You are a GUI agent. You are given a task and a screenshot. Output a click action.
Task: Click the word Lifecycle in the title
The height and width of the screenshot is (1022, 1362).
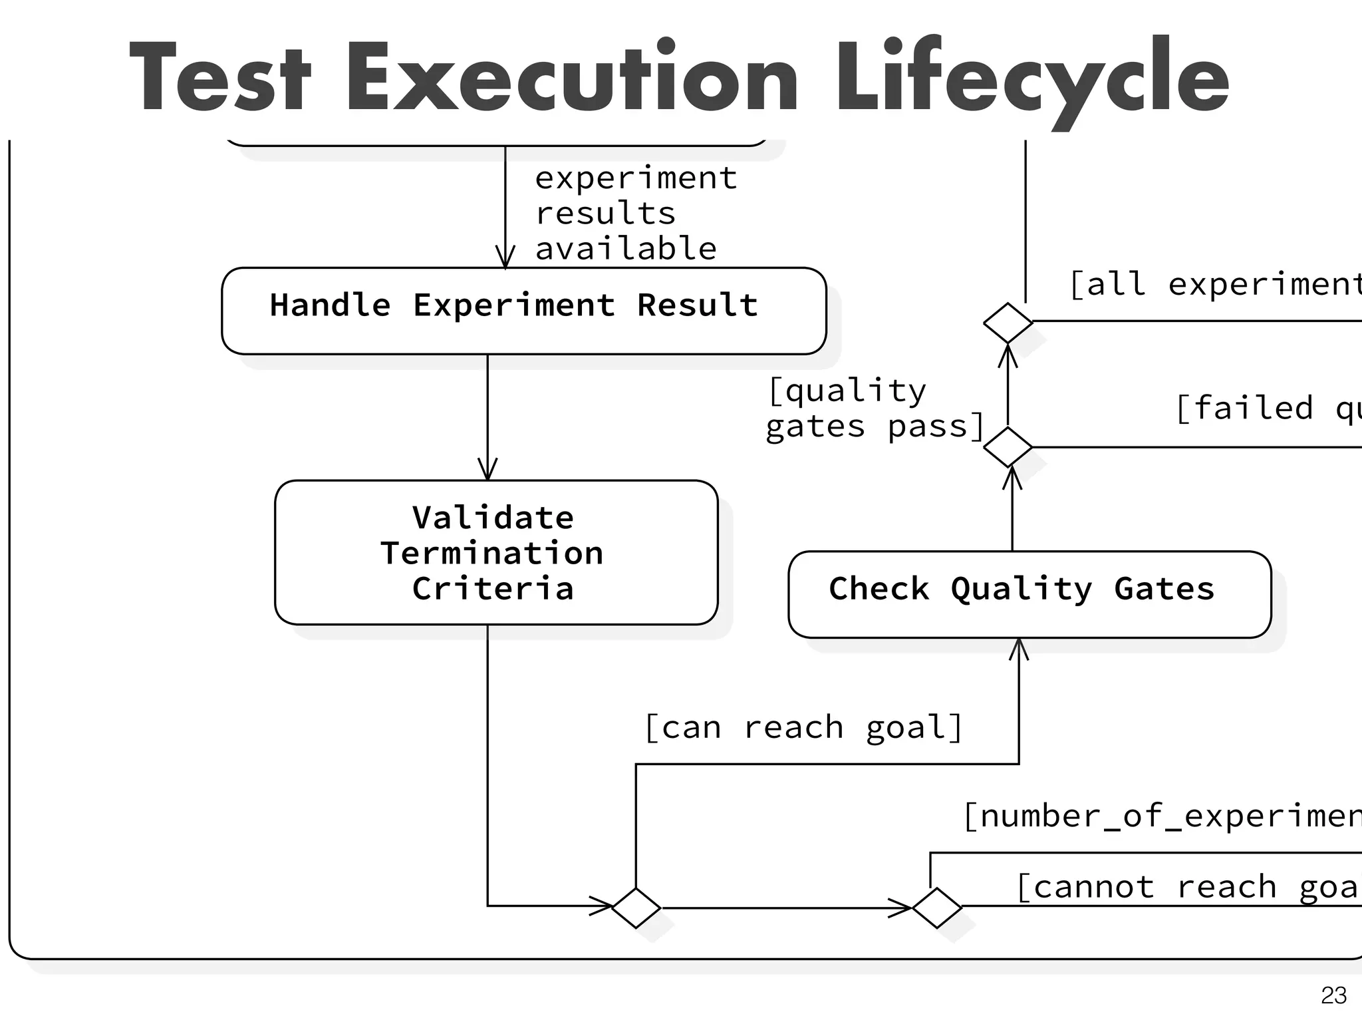[x=1031, y=79]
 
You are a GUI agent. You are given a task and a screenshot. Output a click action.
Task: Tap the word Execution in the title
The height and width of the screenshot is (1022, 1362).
[x=571, y=79]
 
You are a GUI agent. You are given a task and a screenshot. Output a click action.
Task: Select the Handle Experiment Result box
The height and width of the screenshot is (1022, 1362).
[x=523, y=311]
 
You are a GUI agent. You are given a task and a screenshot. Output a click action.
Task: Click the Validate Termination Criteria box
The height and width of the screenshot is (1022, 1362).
[x=496, y=552]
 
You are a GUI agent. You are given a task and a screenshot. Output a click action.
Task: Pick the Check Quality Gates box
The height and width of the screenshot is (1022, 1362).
[x=1029, y=594]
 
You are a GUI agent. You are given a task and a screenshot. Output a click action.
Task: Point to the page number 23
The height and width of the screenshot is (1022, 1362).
[x=1333, y=995]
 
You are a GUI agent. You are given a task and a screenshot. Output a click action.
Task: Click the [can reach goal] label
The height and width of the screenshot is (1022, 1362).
[x=803, y=727]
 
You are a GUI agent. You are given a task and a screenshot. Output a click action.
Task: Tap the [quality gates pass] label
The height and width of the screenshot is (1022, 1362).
[x=874, y=409]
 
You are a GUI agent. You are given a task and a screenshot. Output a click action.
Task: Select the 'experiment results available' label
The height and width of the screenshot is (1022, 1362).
[x=635, y=214]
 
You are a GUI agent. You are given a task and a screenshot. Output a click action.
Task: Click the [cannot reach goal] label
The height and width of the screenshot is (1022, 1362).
[x=1187, y=887]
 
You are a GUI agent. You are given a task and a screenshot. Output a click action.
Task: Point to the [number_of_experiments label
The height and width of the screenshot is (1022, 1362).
[x=1161, y=816]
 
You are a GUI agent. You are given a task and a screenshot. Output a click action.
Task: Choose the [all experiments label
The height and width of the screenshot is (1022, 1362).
[x=1214, y=284]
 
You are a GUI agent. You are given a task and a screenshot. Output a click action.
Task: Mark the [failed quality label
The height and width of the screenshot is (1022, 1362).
[x=1267, y=408]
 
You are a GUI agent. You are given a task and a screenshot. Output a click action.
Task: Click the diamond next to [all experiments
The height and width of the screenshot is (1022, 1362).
[x=1008, y=323]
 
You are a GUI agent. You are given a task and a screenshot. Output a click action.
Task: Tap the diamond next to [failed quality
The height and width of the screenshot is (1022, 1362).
[x=1008, y=447]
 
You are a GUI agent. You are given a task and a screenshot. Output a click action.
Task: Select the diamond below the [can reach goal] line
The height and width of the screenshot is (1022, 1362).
[x=636, y=908]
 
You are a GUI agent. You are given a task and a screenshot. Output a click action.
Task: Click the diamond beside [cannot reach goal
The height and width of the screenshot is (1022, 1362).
[x=937, y=908]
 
